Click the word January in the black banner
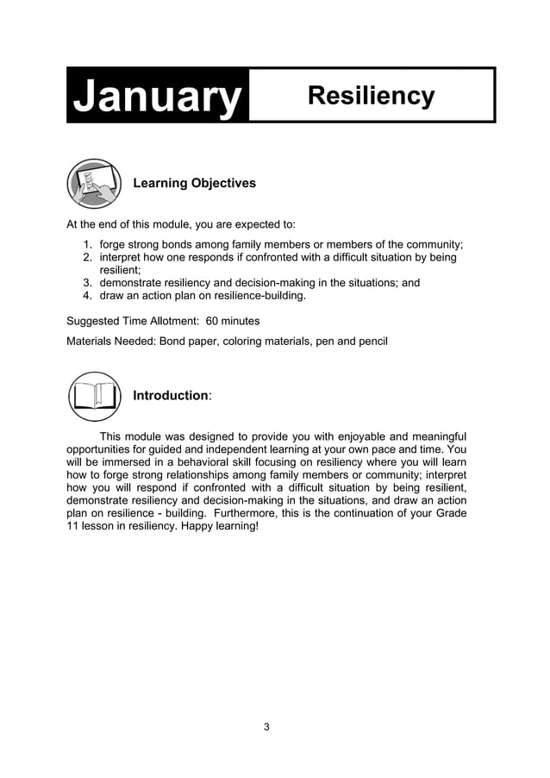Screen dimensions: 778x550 157,96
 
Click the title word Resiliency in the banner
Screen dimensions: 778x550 371,96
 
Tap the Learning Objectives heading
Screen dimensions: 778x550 194,184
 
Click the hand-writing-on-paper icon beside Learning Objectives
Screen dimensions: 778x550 94,184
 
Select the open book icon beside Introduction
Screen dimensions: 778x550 94,396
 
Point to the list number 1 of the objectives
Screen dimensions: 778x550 87,244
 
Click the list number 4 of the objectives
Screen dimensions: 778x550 87,296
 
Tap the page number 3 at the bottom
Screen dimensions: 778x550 266,727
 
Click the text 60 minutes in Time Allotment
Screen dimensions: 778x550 233,321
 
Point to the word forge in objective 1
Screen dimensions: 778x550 113,244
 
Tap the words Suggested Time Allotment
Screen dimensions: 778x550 132,321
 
